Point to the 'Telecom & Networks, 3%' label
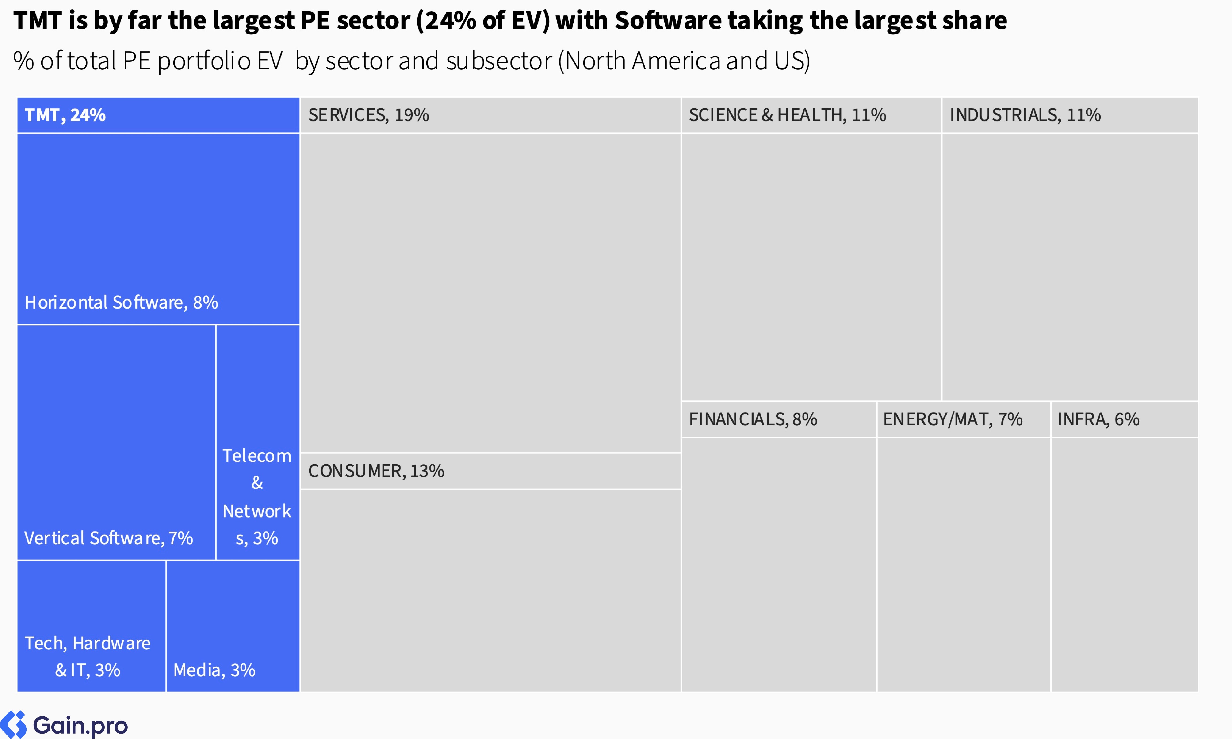pyautogui.click(x=257, y=497)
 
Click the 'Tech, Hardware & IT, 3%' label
pyautogui.click(x=88, y=656)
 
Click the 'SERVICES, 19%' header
pyautogui.click(x=368, y=115)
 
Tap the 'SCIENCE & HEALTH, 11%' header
pyautogui.click(x=787, y=115)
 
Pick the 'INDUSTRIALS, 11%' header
pyautogui.click(x=1025, y=115)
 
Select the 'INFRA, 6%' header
pyautogui.click(x=1098, y=419)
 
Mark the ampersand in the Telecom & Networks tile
pyautogui.click(x=257, y=483)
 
